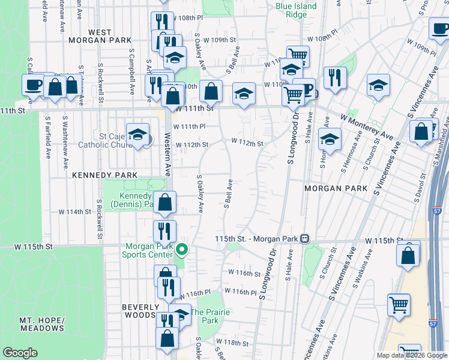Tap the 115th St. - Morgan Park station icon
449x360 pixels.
click(x=305, y=239)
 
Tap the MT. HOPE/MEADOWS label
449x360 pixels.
click(x=41, y=324)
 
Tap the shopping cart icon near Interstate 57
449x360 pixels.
click(x=399, y=304)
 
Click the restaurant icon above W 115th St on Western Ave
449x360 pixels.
click(x=164, y=230)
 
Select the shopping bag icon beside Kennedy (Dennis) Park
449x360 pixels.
click(x=164, y=202)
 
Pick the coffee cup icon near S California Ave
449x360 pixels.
click(x=33, y=84)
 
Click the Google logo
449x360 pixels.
click(x=19, y=353)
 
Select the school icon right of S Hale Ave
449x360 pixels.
click(x=330, y=139)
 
